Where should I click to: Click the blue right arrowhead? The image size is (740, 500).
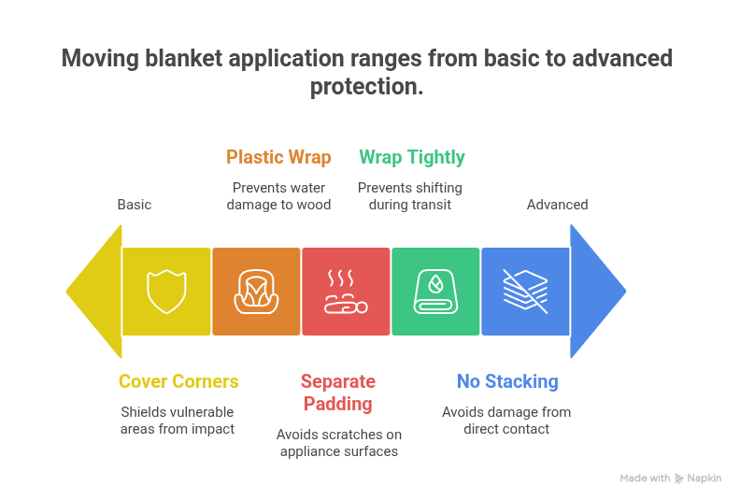(596, 292)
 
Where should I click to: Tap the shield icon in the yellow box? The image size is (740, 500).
(166, 292)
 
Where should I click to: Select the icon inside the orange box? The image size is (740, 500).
(256, 292)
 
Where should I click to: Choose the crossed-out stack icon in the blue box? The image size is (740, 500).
(525, 292)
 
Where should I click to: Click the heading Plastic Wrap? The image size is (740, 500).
(278, 157)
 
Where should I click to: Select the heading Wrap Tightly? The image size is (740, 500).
(411, 157)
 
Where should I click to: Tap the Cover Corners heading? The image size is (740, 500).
(178, 381)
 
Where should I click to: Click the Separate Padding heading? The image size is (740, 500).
(337, 393)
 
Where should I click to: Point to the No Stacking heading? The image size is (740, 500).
(507, 381)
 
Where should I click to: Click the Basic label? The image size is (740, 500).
(135, 205)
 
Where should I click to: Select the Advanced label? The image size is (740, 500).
(557, 205)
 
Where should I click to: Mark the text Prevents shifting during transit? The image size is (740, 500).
(410, 196)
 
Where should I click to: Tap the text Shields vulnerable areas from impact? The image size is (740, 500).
(178, 421)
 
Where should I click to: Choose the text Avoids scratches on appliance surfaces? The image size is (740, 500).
(337, 443)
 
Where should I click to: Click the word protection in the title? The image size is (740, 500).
(366, 86)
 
